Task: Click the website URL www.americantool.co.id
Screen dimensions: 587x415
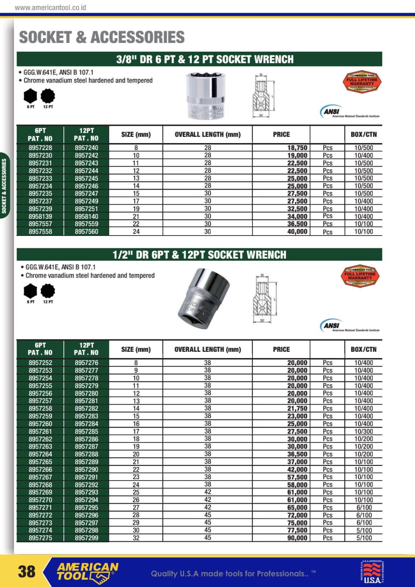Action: click(50, 7)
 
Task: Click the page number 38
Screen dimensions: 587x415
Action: click(27, 571)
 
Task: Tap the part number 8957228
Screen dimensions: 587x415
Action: click(40, 148)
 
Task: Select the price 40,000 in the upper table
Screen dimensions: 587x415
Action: click(297, 231)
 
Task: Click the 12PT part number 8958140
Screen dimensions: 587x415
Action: click(87, 216)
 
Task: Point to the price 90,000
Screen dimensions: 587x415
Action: click(297, 538)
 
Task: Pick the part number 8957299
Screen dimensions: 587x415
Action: click(87, 538)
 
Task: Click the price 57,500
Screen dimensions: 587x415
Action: click(297, 477)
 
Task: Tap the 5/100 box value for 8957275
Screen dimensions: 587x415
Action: click(364, 538)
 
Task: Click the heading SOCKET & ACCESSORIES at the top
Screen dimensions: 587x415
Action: click(102, 37)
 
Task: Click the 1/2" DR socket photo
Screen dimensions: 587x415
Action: click(204, 293)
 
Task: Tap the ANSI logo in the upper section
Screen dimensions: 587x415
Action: click(331, 111)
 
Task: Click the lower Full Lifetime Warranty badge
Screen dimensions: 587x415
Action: click(360, 276)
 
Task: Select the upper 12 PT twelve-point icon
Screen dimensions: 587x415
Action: click(48, 96)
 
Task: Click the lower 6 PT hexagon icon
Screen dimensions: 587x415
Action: click(30, 291)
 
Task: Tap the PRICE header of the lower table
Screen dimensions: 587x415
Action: click(281, 349)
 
